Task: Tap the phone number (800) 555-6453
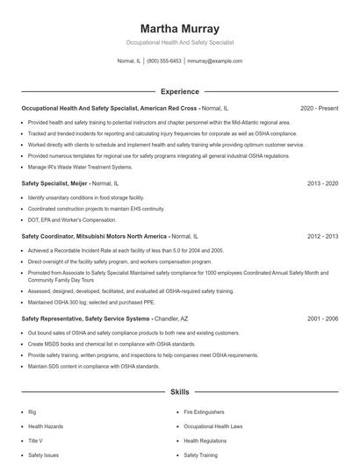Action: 164,61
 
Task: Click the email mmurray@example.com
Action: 215,61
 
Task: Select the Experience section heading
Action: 179,90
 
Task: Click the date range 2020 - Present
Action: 319,109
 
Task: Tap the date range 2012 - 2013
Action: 322,236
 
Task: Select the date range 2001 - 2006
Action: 322,319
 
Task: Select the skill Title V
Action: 35,440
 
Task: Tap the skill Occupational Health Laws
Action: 212,426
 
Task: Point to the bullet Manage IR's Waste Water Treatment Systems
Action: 80,166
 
